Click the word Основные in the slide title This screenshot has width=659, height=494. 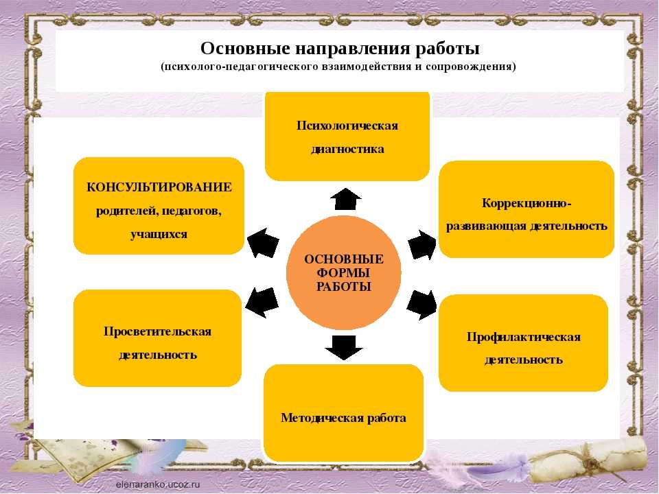pyautogui.click(x=246, y=49)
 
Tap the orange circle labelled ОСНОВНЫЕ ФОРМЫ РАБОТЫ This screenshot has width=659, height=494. pyautogui.click(x=344, y=272)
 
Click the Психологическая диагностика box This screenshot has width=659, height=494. pyautogui.click(x=347, y=136)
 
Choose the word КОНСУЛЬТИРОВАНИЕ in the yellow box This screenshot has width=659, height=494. pyautogui.click(x=159, y=187)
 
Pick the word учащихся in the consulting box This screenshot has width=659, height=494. pyautogui.click(x=159, y=235)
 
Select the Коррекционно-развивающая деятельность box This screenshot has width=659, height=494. pyautogui.click(x=527, y=209)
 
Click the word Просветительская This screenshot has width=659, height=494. pyautogui.click(x=158, y=331)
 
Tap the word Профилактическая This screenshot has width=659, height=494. pyautogui.click(x=524, y=337)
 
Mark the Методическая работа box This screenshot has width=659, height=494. pyautogui.click(x=343, y=413)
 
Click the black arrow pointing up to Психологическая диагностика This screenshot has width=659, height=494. pyautogui.click(x=345, y=199)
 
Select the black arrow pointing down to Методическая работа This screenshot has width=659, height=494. pyautogui.click(x=344, y=347)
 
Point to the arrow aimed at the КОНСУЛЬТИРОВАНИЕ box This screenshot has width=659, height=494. pyautogui.click(x=264, y=243)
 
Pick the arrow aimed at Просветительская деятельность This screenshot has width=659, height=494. pyautogui.click(x=262, y=303)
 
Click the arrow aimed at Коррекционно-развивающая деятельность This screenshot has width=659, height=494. pyautogui.click(x=422, y=244)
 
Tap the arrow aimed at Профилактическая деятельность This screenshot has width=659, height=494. pyautogui.click(x=421, y=305)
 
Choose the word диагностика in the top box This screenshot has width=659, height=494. pyautogui.click(x=347, y=149)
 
